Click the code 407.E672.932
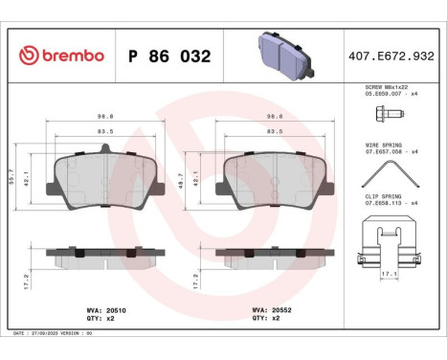click(x=392, y=56)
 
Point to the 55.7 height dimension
click(x=13, y=179)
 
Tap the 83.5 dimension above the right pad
click(x=274, y=132)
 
